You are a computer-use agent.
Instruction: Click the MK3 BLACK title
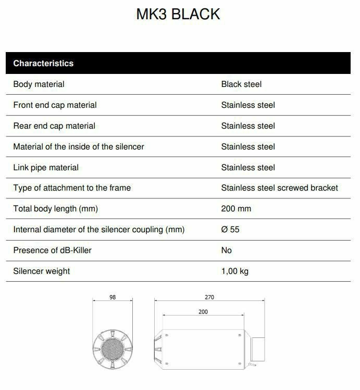[x=178, y=14]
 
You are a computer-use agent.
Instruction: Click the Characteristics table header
[x=43, y=64]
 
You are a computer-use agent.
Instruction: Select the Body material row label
[x=39, y=84]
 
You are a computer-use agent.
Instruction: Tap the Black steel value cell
[x=241, y=84]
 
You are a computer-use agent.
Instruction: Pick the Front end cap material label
[x=55, y=105]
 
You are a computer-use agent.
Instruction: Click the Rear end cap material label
[x=54, y=126]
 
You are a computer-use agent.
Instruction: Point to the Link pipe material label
[x=46, y=168]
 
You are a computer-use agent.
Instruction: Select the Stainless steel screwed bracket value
[x=279, y=188]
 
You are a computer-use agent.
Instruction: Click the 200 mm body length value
[x=236, y=209]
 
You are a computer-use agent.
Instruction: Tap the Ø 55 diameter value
[x=230, y=230]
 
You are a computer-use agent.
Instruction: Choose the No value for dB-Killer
[x=226, y=250]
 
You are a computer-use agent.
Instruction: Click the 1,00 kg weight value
[x=234, y=271]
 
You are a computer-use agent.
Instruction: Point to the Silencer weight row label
[x=41, y=271]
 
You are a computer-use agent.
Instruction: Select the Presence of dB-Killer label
[x=52, y=250]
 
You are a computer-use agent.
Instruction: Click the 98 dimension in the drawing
[x=113, y=297]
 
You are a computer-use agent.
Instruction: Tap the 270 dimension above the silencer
[x=209, y=297]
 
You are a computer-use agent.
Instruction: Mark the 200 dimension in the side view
[x=203, y=312]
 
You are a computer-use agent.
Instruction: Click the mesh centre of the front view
[x=113, y=346]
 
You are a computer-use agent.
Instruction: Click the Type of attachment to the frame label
[x=72, y=188]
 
